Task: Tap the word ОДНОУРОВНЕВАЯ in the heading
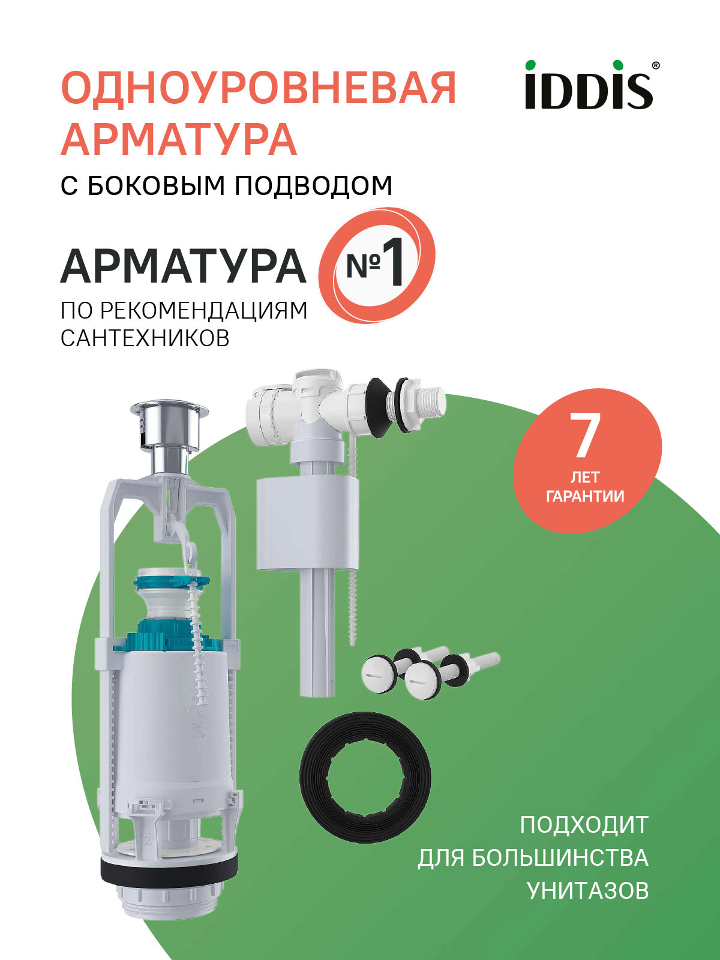pos(259,88)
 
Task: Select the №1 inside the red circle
pos(376,265)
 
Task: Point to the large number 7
pos(585,436)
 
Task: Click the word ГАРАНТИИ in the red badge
pos(585,496)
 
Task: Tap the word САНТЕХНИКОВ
pos(145,338)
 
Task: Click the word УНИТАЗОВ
pos(587,890)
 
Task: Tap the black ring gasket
pos(365,777)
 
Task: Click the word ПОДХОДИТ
pos(584,825)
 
